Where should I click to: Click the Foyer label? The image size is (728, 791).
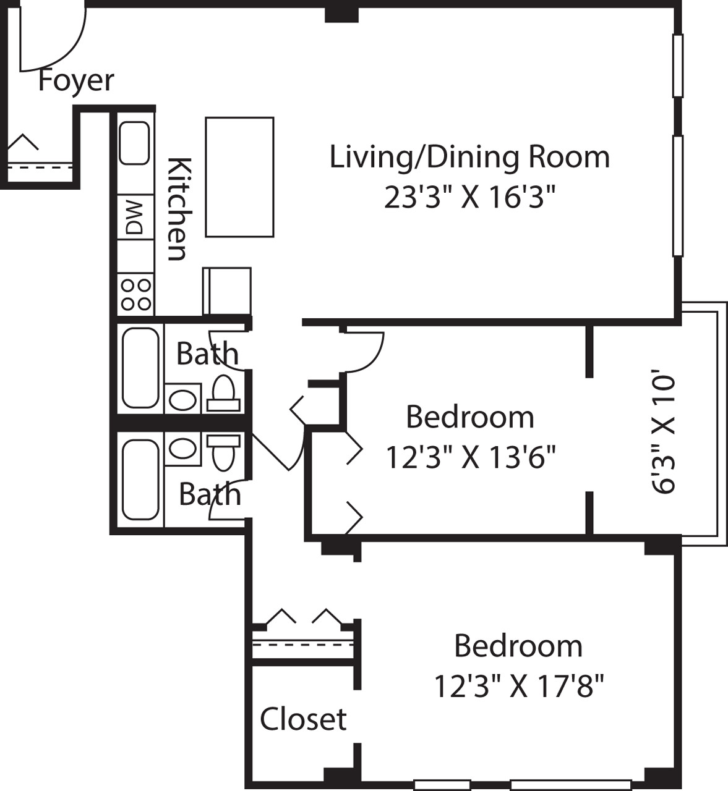(x=76, y=80)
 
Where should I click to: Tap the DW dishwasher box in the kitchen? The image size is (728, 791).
(x=135, y=217)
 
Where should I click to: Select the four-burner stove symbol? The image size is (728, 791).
(x=135, y=295)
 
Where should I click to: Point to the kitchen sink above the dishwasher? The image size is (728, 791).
(x=134, y=143)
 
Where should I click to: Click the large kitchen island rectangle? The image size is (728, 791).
(x=239, y=177)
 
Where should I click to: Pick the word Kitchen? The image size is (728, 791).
(x=178, y=209)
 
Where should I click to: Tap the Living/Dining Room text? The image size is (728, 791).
(x=469, y=156)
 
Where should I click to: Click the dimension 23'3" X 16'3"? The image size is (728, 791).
(x=469, y=198)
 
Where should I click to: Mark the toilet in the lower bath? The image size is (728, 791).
(x=223, y=452)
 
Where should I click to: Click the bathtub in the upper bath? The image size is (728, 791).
(x=140, y=368)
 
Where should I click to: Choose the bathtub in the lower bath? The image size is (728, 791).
(x=140, y=480)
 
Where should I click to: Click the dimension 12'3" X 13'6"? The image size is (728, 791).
(x=470, y=458)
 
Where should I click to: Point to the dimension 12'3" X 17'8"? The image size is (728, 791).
(x=518, y=686)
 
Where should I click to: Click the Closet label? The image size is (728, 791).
(x=303, y=719)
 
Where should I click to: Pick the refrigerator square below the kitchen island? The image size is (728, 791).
(x=227, y=291)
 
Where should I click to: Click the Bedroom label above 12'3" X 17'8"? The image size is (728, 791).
(x=518, y=646)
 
